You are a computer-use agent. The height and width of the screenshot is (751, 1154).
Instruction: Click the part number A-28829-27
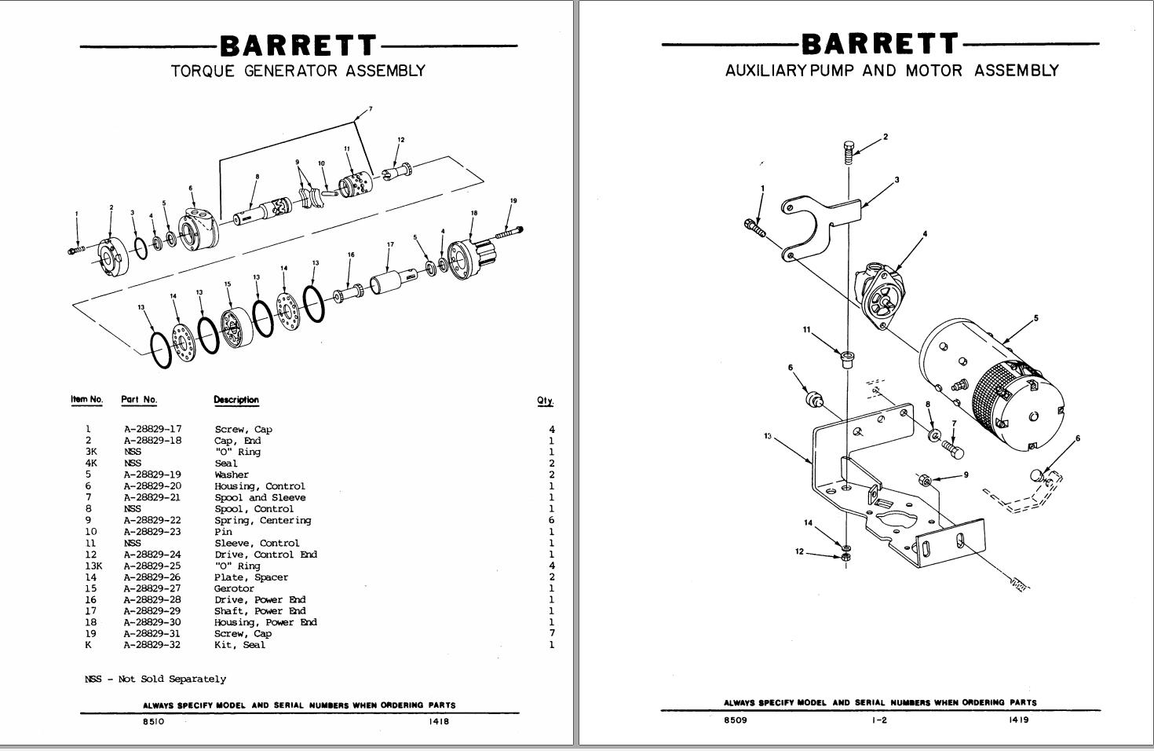pyautogui.click(x=152, y=588)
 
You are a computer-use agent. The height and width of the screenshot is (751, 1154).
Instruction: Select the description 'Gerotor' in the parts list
pyautogui.click(x=234, y=588)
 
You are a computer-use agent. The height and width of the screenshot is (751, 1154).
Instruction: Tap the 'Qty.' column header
pyautogui.click(x=545, y=401)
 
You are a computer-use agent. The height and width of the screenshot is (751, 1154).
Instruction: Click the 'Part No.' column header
pyautogui.click(x=139, y=399)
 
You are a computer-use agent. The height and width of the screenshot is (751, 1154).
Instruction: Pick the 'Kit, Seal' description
pyautogui.click(x=239, y=645)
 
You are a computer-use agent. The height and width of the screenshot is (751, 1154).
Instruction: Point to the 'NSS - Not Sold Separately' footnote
pyautogui.click(x=155, y=679)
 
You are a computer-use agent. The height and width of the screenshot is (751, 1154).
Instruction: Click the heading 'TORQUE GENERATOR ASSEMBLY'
pyautogui.click(x=298, y=71)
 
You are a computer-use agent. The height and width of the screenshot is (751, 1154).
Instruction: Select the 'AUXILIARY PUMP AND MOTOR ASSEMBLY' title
pyautogui.click(x=892, y=71)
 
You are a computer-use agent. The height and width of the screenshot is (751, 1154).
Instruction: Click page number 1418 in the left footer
pyautogui.click(x=439, y=722)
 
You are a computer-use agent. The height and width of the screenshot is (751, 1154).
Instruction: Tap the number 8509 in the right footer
pyautogui.click(x=735, y=720)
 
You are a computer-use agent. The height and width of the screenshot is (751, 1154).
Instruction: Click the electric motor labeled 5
pyautogui.click(x=993, y=385)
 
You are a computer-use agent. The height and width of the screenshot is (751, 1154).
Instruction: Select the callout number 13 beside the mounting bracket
pyautogui.click(x=767, y=436)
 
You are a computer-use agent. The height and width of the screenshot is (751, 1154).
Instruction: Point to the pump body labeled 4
pyautogui.click(x=882, y=295)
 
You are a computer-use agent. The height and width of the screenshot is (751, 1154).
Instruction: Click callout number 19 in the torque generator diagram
pyautogui.click(x=513, y=201)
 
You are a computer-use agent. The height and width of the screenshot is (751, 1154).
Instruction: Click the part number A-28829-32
pyautogui.click(x=152, y=645)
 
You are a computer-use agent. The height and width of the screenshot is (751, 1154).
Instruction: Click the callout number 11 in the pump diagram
pyautogui.click(x=806, y=330)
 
